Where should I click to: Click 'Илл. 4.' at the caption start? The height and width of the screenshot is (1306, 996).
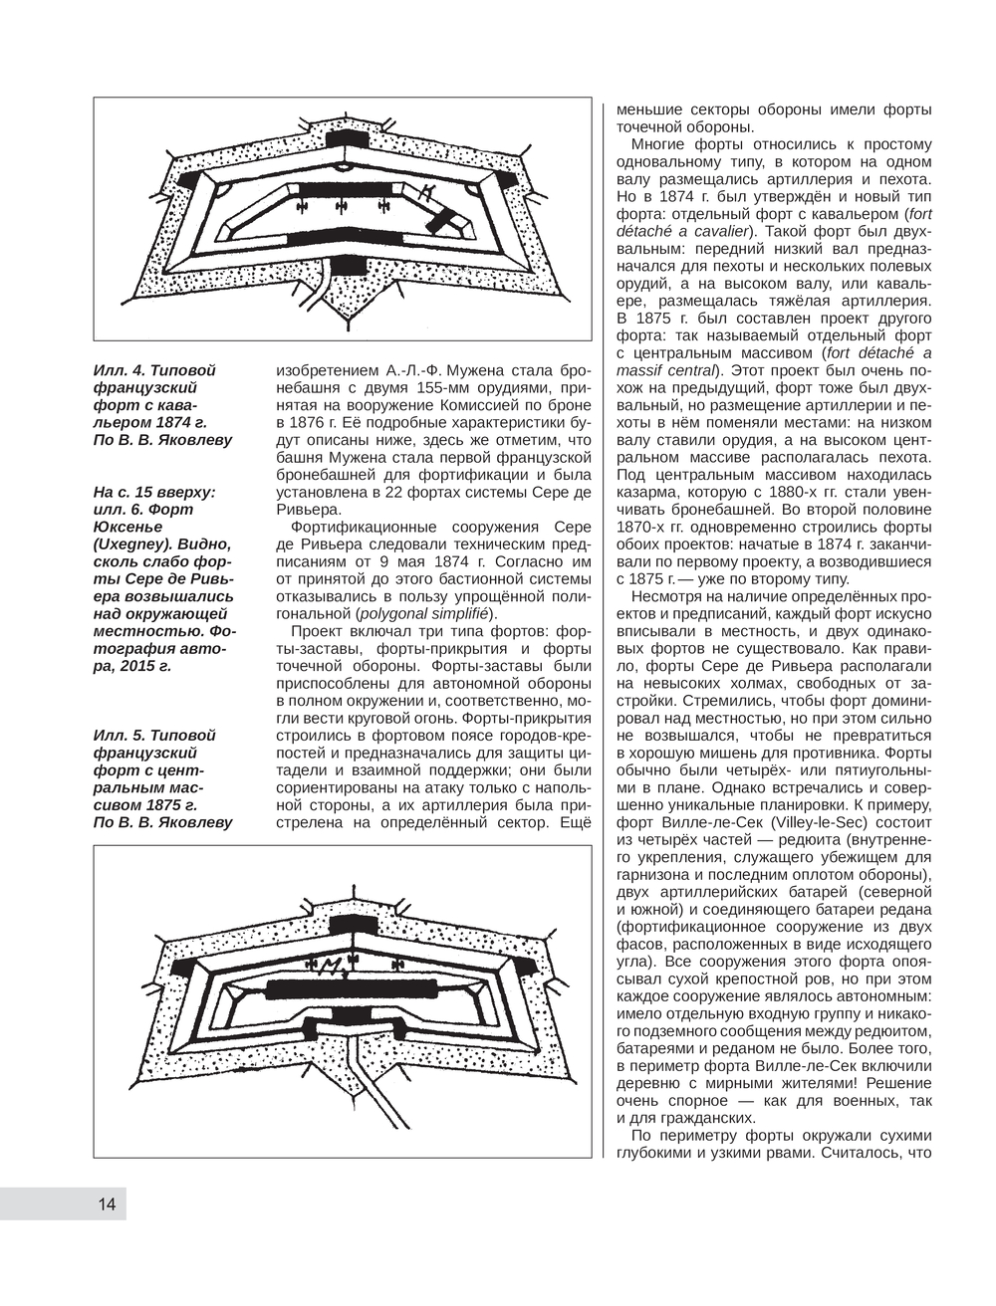click(121, 370)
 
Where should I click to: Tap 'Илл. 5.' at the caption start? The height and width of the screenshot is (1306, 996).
click(121, 735)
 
